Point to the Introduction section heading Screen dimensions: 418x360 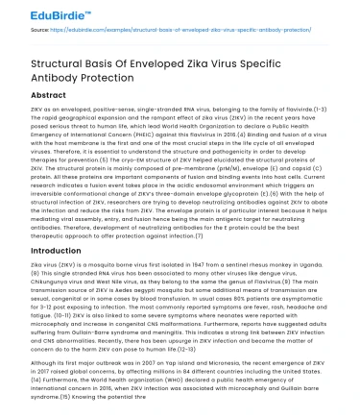point(43,246)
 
